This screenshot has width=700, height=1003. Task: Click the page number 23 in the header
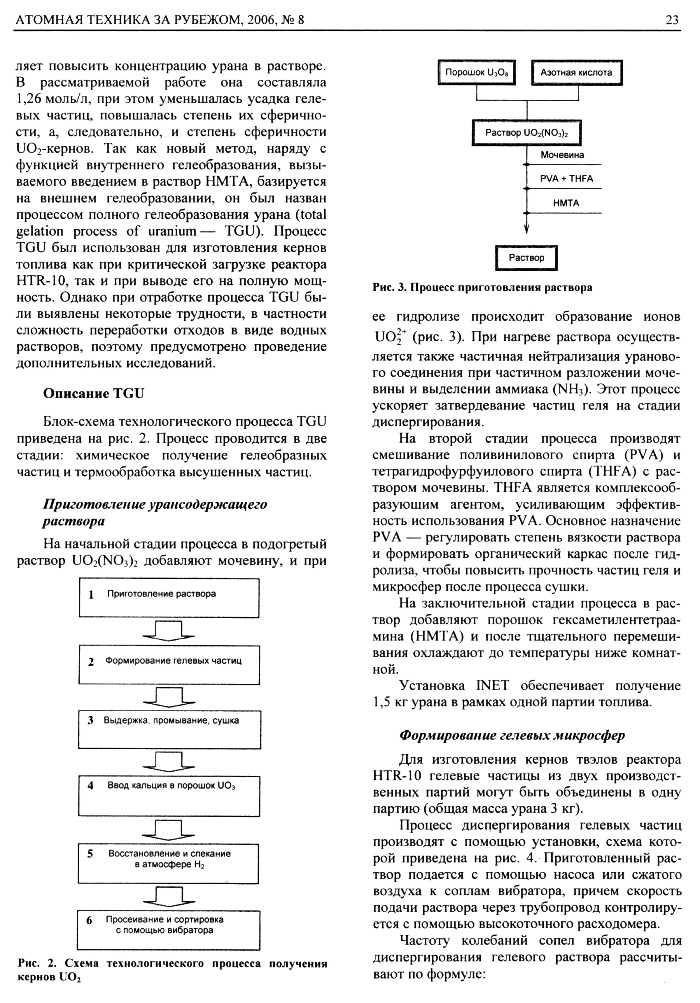pyautogui.click(x=672, y=20)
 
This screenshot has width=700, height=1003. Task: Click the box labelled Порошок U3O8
pyautogui.click(x=476, y=73)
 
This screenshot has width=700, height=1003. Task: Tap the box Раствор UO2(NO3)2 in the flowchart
pyautogui.click(x=526, y=133)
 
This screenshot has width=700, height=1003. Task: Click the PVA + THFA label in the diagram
pyautogui.click(x=566, y=179)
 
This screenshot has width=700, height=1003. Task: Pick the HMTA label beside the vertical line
pyautogui.click(x=566, y=203)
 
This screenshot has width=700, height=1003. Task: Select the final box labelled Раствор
pyautogui.click(x=526, y=258)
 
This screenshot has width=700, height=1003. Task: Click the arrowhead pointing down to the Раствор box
pyautogui.click(x=527, y=228)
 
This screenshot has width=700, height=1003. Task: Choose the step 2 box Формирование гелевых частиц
pyautogui.click(x=169, y=664)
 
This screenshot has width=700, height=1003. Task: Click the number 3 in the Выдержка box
pyautogui.click(x=90, y=721)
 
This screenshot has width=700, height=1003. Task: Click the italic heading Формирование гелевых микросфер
pyautogui.click(x=512, y=735)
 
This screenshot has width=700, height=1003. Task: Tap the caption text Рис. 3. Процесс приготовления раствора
pyautogui.click(x=482, y=288)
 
